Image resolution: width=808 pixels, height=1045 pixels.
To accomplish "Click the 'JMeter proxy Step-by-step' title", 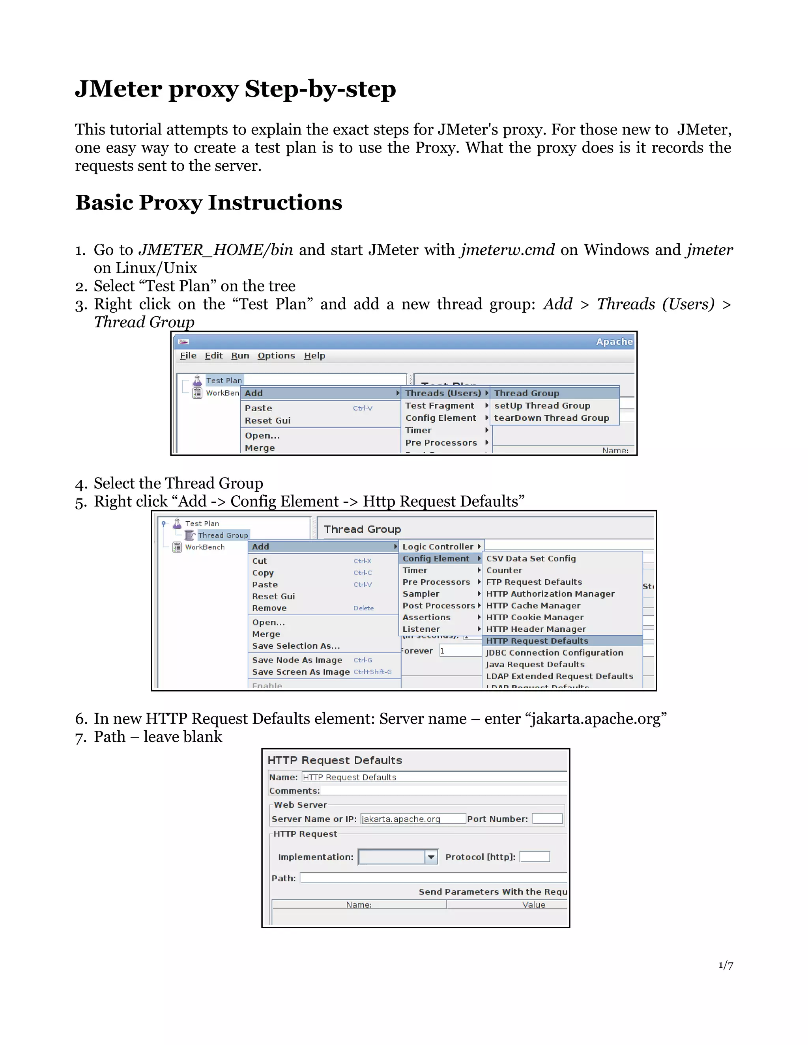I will pyautogui.click(x=235, y=90).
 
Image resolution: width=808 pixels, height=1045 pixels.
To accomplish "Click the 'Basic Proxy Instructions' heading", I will pyautogui.click(x=209, y=202).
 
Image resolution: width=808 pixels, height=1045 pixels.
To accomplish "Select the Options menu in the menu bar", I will pyautogui.click(x=276, y=356).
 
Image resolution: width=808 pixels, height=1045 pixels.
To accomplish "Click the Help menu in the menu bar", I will pyautogui.click(x=314, y=356).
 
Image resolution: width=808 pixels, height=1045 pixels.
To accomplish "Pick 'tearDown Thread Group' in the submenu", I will pyautogui.click(x=552, y=418).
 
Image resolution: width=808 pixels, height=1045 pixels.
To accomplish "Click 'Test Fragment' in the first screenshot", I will pyautogui.click(x=440, y=405).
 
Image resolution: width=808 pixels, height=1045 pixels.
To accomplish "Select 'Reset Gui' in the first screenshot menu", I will pyautogui.click(x=267, y=420).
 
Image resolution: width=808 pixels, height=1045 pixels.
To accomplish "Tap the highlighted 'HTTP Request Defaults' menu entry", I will pyautogui.click(x=537, y=641).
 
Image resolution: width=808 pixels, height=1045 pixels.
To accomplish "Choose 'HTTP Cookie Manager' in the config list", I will pyautogui.click(x=535, y=617).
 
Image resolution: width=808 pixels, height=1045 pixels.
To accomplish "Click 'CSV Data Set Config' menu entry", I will pyautogui.click(x=531, y=558).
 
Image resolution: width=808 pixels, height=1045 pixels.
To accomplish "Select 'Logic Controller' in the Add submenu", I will pyautogui.click(x=438, y=547).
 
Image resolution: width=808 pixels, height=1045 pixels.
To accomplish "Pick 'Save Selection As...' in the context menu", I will pyautogui.click(x=296, y=646).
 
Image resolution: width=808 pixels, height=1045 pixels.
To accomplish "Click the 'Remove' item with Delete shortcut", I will pyautogui.click(x=269, y=608).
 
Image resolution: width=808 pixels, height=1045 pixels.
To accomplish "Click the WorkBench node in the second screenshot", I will pyautogui.click(x=204, y=547).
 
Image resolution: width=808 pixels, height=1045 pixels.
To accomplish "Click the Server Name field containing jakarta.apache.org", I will pyautogui.click(x=413, y=819).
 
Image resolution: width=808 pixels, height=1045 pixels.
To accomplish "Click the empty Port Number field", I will pyautogui.click(x=547, y=819).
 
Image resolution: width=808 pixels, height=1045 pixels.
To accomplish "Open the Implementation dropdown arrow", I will pyautogui.click(x=431, y=857).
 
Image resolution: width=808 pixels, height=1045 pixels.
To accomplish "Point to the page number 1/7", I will pyautogui.click(x=726, y=965).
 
